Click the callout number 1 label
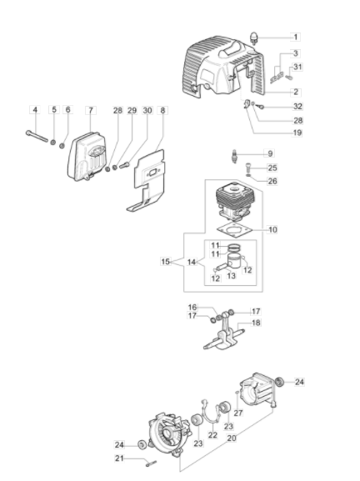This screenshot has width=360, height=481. (296, 38)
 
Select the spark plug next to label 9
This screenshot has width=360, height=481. (236, 156)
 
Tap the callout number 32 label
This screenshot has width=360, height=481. (297, 107)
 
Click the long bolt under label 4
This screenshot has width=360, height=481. (37, 136)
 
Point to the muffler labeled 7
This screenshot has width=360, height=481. (87, 156)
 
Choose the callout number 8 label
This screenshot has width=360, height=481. (162, 110)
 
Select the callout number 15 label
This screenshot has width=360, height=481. (165, 262)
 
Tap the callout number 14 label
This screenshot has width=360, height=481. (192, 263)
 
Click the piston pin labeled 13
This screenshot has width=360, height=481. (221, 267)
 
